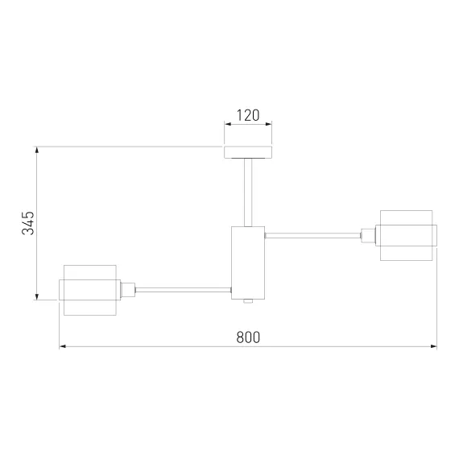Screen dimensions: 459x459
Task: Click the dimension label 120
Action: (x=248, y=115)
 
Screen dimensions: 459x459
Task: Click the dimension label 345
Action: (x=28, y=223)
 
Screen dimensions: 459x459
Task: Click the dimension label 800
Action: (x=248, y=337)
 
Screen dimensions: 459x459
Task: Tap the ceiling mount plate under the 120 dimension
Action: (x=248, y=152)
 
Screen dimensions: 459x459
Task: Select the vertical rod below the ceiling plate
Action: (x=248, y=192)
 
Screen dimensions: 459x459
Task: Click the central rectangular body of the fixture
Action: (x=248, y=263)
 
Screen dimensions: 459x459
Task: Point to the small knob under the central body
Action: (x=248, y=301)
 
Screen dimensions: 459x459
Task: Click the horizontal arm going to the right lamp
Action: (x=312, y=235)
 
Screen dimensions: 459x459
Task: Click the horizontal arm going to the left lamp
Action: (x=184, y=290)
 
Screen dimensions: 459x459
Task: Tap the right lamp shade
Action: (x=407, y=235)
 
